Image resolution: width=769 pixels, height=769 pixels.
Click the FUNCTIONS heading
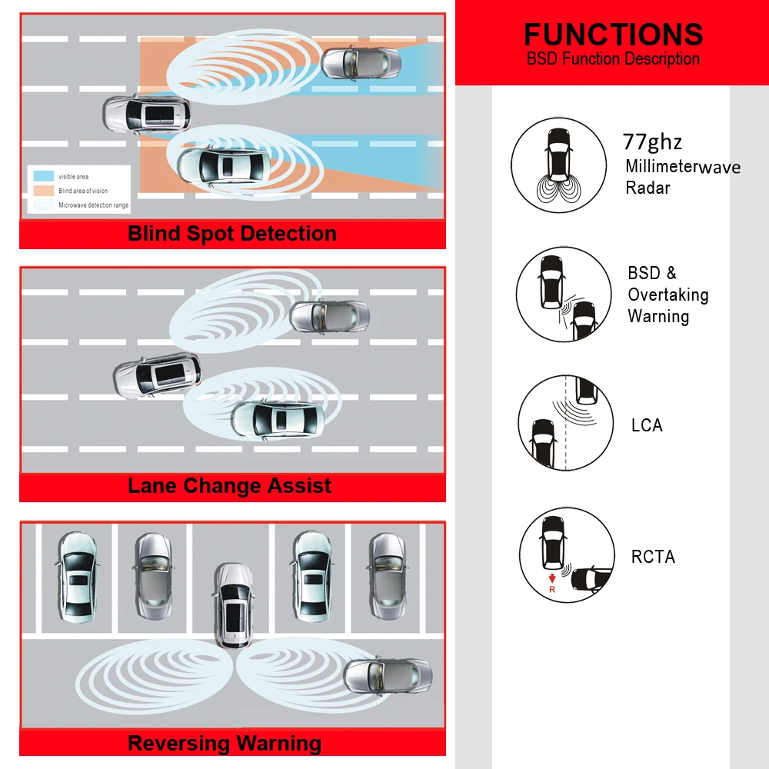tap(613, 35)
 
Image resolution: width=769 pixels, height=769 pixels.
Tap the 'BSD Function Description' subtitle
tap(613, 59)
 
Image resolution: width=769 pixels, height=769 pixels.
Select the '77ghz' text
tap(652, 142)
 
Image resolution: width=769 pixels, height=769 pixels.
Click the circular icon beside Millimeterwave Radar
tap(559, 165)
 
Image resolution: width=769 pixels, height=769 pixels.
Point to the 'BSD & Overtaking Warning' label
tap(667, 295)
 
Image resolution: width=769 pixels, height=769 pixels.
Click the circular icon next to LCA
tap(566, 424)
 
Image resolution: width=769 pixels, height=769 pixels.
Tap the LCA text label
tap(646, 425)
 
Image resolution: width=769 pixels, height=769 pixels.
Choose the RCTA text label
tap(653, 556)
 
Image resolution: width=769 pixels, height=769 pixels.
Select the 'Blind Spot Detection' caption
tap(232, 234)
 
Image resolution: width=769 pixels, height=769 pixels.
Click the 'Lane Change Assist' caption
tap(229, 486)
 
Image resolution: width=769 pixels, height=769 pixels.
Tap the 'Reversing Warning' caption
tap(225, 744)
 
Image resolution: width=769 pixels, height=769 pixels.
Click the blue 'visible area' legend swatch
tap(43, 176)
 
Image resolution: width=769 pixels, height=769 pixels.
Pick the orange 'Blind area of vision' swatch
tap(43, 191)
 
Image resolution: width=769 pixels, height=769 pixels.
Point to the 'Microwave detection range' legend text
tap(94, 205)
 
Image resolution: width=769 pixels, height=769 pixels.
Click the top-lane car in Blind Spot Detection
tap(360, 62)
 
